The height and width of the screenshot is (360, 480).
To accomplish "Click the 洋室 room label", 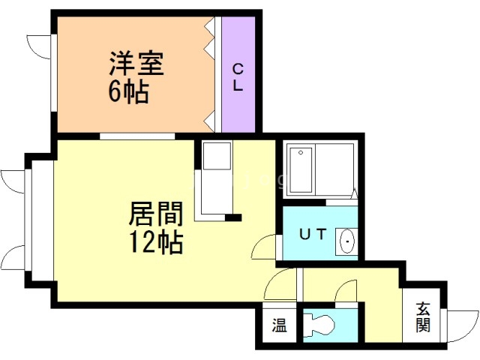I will point(136,62).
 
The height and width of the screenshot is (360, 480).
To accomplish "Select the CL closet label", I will point(238,77).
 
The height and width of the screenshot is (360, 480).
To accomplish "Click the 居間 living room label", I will point(155,215).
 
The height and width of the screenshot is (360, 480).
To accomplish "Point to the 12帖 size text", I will point(155,242).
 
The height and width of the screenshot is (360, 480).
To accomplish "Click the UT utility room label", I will point(313,234).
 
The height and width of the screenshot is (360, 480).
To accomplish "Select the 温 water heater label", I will point(279,325).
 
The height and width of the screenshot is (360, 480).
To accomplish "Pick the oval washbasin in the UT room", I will point(347,241).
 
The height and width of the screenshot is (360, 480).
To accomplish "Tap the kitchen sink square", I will point(217,157).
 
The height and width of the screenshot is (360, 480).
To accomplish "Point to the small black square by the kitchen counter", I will point(234,218).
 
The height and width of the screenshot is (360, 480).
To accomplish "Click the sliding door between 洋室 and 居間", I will point(137,136).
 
